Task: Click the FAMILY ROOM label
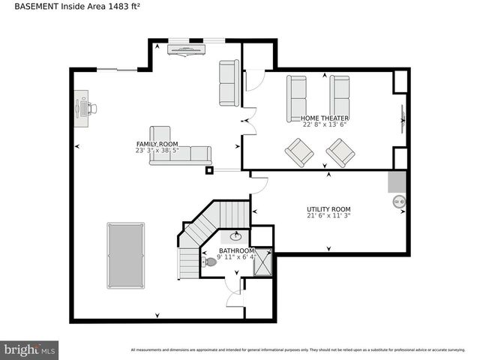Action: coord(157,143)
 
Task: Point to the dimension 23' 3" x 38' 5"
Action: coord(157,150)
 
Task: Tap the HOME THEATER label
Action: coord(325,118)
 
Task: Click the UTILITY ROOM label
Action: coord(328,209)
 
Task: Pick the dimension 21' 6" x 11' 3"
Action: coord(328,216)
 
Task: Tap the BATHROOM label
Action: coord(236,250)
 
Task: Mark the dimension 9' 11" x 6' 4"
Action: coord(236,257)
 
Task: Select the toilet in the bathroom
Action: coord(210,262)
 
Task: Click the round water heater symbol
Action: coord(399,201)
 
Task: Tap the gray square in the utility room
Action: coord(396,181)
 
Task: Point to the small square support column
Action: coord(209,170)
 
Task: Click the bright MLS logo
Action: coord(30,349)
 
